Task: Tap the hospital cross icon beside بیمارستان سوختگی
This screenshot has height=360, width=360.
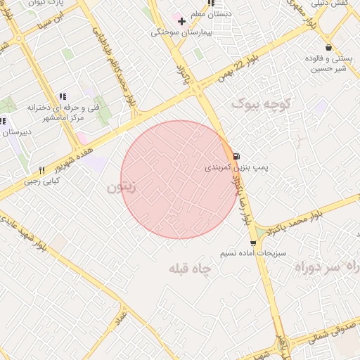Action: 181,21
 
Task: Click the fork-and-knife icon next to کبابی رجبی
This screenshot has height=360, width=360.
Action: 41,170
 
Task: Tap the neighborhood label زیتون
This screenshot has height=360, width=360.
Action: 120,188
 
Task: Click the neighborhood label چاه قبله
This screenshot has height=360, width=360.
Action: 191,269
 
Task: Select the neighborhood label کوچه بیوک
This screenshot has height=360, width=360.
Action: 261,104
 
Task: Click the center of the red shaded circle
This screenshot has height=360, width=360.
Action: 180,179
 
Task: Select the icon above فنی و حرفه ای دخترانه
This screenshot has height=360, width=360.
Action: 62,96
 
